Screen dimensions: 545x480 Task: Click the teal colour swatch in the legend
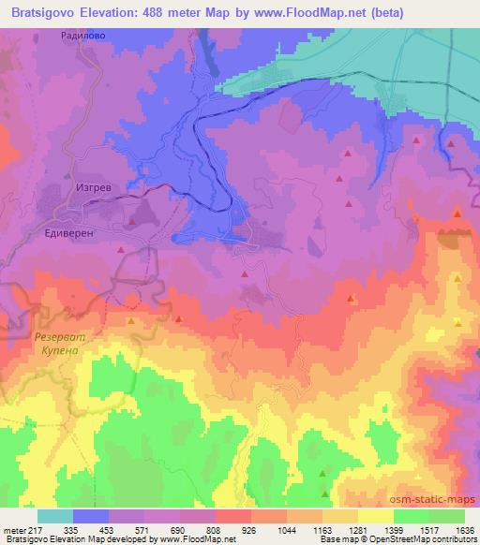55,516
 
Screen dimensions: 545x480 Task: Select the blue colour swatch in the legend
91,516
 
